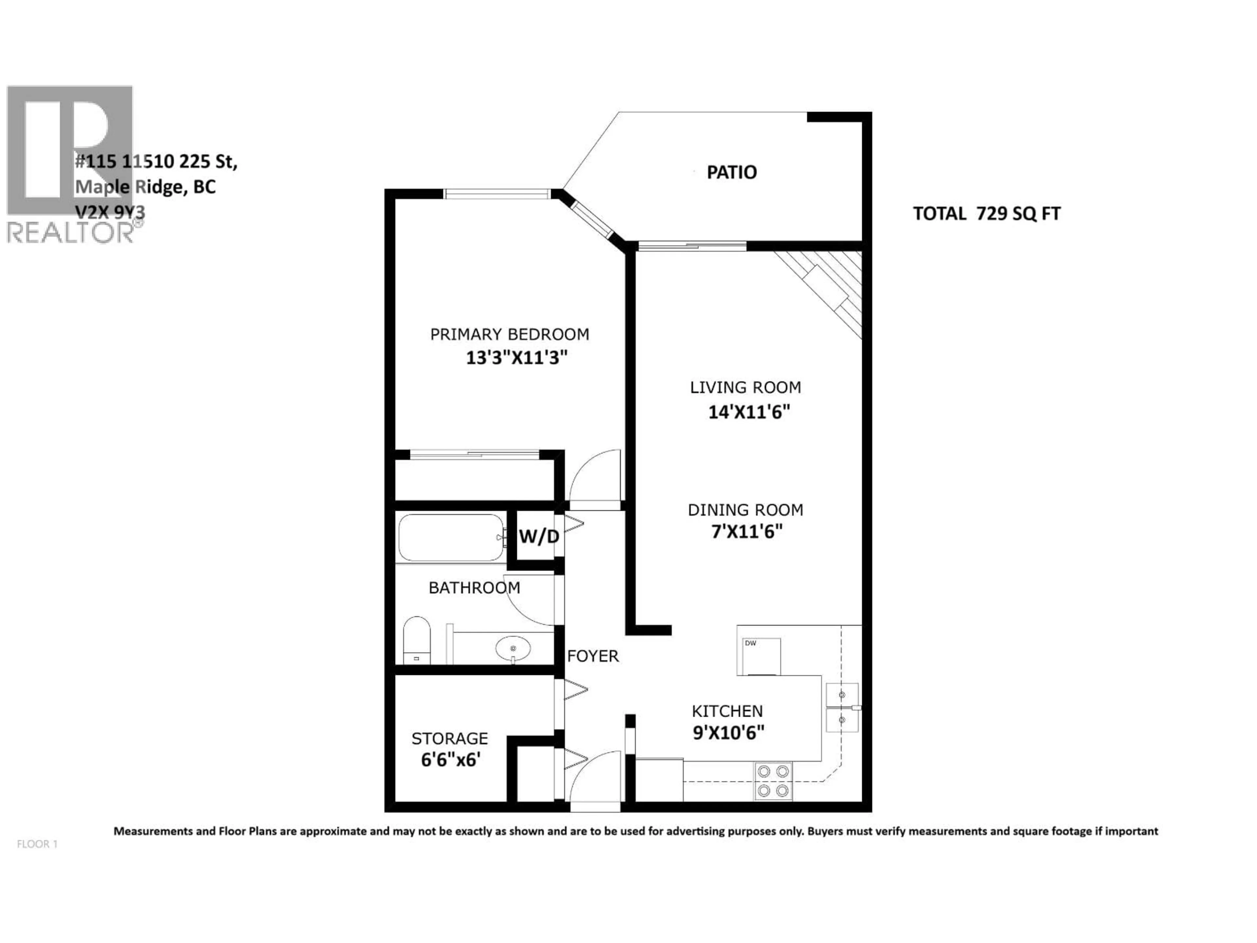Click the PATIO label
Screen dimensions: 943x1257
click(x=731, y=172)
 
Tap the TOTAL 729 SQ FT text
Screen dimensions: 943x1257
click(x=987, y=214)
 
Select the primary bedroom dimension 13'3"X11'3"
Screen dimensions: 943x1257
click(x=517, y=358)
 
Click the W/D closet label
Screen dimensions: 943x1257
click(x=539, y=536)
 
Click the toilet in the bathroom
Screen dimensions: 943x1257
click(x=416, y=640)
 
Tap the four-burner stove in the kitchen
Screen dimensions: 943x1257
click(x=774, y=781)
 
